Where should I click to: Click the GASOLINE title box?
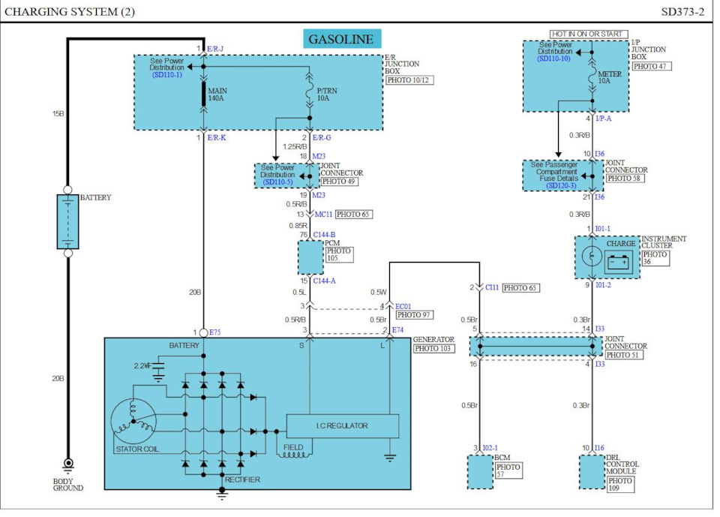[x=342, y=38]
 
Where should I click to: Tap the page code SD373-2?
[x=682, y=11]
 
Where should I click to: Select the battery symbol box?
[x=67, y=221]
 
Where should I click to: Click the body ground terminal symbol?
[x=67, y=464]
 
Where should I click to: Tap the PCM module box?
[x=310, y=257]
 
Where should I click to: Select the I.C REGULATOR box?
[x=341, y=425]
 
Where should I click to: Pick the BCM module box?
[x=480, y=471]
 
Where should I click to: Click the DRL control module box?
[x=592, y=471]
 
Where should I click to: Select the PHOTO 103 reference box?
[x=433, y=348]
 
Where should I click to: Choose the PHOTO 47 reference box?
[x=652, y=66]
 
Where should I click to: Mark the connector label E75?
[x=215, y=331]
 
